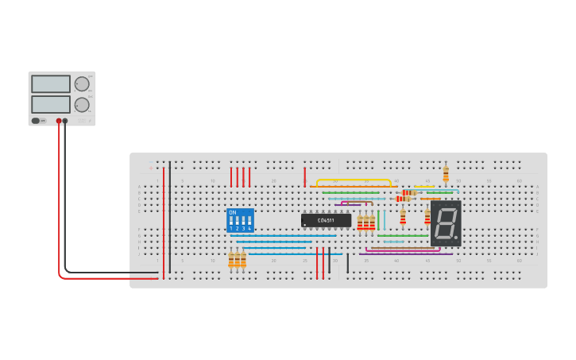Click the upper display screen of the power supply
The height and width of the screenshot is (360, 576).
(51, 83)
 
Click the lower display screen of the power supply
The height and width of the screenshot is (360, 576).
(51, 104)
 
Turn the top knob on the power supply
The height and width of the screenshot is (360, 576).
(82, 83)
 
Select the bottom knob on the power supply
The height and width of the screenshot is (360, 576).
(82, 104)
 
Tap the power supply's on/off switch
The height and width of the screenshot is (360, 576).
(36, 121)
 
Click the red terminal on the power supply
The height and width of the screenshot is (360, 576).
(59, 121)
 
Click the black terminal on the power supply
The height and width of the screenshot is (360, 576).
(65, 121)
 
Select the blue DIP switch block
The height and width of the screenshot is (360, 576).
(240, 220)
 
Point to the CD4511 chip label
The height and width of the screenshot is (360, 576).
(326, 219)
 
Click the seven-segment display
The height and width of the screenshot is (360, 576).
(446, 223)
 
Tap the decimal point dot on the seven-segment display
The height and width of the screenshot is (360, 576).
(456, 236)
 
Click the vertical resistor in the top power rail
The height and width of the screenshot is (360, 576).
(446, 173)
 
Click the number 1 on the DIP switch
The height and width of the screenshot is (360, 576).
(231, 228)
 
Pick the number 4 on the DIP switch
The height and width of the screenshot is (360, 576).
(249, 228)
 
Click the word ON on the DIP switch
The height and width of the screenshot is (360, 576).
(232, 212)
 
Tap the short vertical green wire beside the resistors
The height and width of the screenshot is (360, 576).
(378, 220)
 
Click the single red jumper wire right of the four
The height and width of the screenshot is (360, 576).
(304, 176)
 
